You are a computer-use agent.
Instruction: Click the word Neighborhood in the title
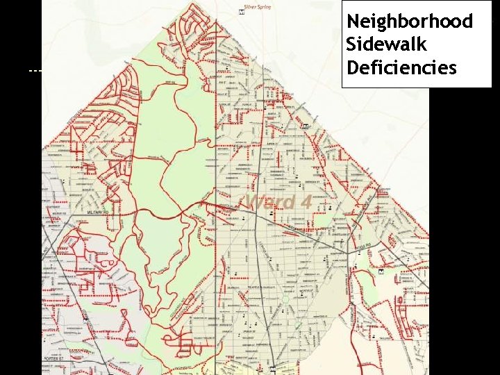[409, 22]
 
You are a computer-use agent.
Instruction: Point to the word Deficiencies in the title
[401, 68]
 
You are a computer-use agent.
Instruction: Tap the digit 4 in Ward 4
[305, 202]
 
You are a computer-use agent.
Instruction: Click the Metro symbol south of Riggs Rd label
[382, 274]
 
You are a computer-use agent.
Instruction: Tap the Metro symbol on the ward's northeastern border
[306, 126]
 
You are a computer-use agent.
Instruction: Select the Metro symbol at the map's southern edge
[274, 369]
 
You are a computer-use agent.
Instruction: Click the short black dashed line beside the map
[35, 71]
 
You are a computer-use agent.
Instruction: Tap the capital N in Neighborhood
[352, 22]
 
